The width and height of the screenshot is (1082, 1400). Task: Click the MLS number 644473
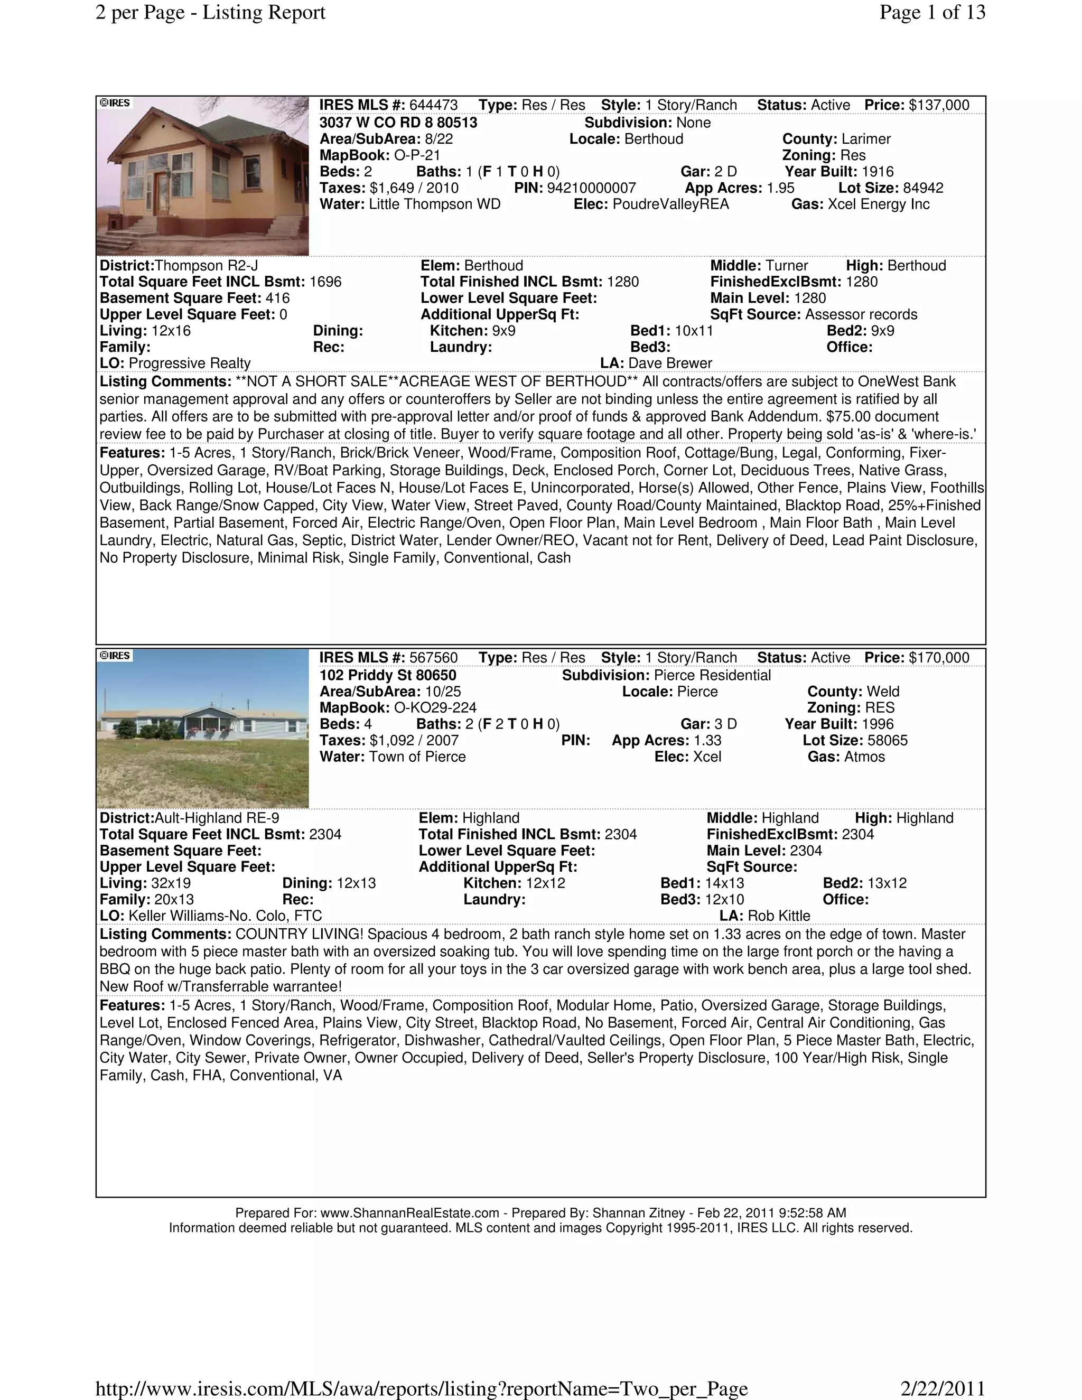[433, 105]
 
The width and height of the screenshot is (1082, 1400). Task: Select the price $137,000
[938, 105]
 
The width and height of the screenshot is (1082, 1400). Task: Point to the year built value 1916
[877, 172]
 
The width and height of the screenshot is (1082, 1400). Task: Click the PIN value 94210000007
[591, 188]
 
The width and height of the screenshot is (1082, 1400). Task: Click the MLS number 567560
[433, 658]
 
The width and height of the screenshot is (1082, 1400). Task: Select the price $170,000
[938, 658]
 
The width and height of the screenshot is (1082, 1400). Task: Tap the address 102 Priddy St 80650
[388, 675]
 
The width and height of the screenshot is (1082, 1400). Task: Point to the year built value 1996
[877, 724]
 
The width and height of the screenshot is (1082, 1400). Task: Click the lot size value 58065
[887, 740]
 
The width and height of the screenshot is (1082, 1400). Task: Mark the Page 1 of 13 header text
[932, 12]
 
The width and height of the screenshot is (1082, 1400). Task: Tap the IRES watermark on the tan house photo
[115, 103]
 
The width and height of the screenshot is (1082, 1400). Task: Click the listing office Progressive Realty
[189, 363]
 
